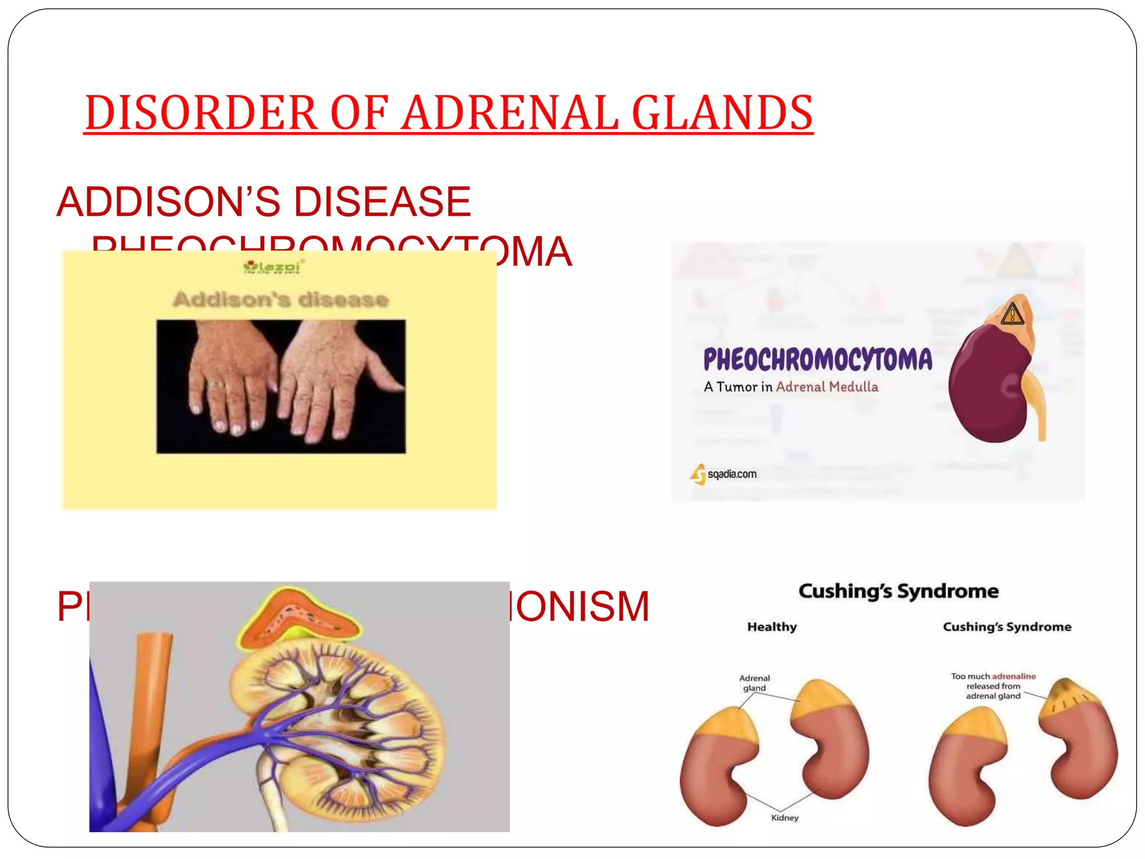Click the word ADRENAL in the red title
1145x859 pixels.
point(510,113)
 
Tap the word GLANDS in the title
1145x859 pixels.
point(722,113)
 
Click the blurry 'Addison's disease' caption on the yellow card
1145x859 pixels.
point(281,300)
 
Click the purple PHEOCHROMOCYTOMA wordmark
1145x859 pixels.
point(817,359)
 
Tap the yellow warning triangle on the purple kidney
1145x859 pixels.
point(1012,314)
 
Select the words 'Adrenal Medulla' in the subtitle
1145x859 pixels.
point(827,387)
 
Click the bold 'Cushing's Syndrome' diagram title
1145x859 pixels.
point(898,591)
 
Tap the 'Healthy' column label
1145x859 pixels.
point(772,627)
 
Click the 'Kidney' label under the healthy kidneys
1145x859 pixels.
point(784,818)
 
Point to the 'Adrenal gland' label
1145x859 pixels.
point(754,683)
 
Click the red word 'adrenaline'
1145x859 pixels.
point(1014,676)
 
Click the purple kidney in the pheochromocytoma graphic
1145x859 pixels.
point(987,386)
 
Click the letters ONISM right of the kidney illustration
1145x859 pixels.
point(581,606)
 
